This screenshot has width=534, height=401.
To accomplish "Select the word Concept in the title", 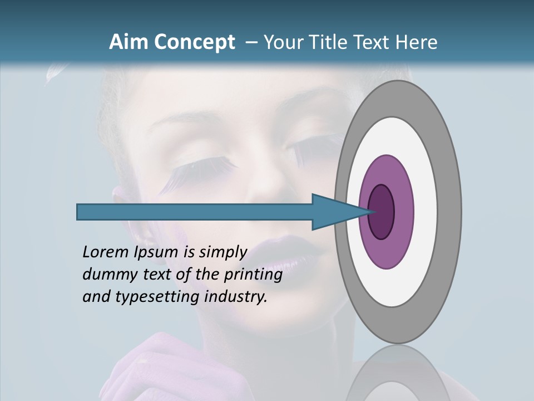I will [x=194, y=43].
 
